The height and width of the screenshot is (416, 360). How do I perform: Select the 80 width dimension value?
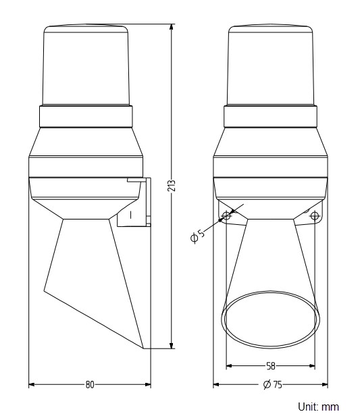(x=89, y=384)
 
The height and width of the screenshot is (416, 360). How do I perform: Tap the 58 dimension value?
(x=270, y=365)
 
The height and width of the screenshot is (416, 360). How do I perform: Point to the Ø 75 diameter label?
(x=272, y=384)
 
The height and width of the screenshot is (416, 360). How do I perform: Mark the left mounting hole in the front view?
(x=226, y=215)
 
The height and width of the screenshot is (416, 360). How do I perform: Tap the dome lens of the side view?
(x=86, y=66)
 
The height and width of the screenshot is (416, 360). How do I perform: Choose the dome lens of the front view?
(x=270, y=66)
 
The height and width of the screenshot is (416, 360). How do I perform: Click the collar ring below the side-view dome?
(x=86, y=118)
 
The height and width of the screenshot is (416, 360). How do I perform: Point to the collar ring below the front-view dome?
(x=270, y=118)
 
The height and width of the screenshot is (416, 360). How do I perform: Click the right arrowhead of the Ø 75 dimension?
(x=326, y=384)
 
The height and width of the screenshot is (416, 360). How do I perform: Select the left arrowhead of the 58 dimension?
(x=228, y=365)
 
